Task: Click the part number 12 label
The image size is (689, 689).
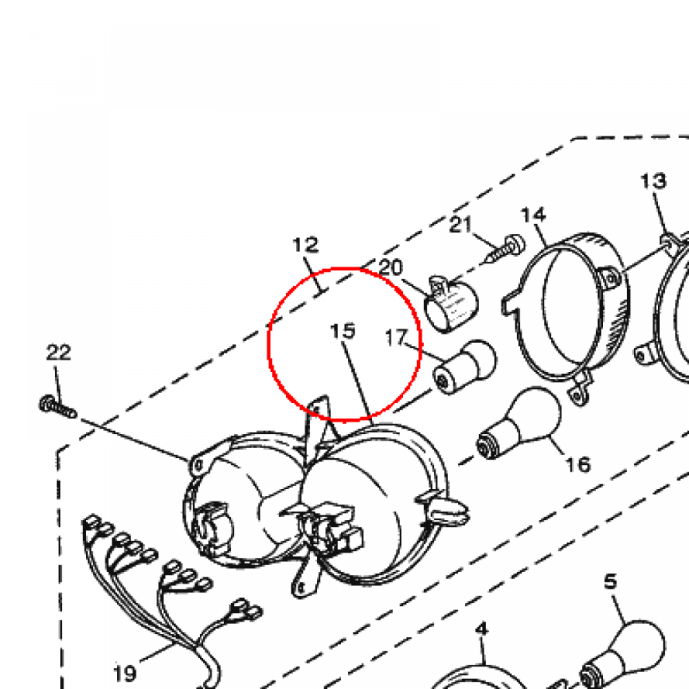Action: [305, 245]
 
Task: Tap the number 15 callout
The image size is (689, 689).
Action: [342, 331]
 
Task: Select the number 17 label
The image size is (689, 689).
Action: [396, 338]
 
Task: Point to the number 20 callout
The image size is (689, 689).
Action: [390, 267]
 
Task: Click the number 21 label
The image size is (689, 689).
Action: [460, 225]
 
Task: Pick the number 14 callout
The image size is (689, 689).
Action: [534, 215]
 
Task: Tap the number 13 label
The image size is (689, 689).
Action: [653, 181]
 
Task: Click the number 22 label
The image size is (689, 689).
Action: [59, 353]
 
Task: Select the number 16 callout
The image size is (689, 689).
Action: [578, 464]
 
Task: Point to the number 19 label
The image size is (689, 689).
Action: [124, 673]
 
